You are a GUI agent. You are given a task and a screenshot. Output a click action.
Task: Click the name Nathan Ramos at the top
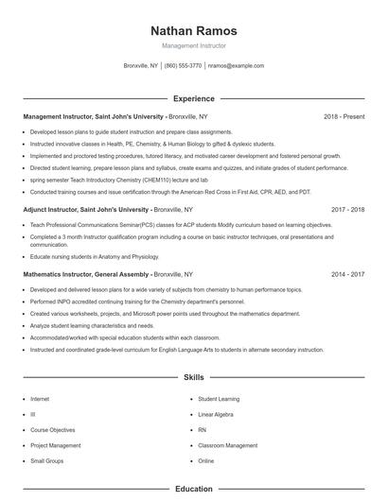click(x=193, y=31)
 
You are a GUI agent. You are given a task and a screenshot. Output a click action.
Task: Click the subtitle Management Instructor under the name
click(x=193, y=45)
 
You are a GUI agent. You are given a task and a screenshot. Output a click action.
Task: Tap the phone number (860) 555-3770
click(x=183, y=66)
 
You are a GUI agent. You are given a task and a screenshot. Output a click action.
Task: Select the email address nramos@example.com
click(x=236, y=66)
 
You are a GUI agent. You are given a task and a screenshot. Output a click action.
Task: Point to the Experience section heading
click(x=193, y=98)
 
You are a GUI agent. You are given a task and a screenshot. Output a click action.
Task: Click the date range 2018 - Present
click(x=344, y=116)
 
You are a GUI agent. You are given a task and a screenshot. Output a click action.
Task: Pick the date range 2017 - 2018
click(x=347, y=209)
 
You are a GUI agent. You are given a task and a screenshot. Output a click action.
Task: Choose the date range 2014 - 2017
click(x=347, y=273)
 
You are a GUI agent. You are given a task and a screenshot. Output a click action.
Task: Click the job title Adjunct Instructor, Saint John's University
click(x=86, y=209)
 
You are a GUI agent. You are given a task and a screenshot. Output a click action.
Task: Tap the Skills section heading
click(x=193, y=377)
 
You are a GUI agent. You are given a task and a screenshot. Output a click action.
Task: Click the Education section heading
click(x=193, y=489)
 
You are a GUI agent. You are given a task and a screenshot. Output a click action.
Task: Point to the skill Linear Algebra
click(x=216, y=414)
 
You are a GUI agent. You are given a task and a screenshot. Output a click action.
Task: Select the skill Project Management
click(x=56, y=445)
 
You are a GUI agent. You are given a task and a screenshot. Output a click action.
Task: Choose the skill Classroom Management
click(x=227, y=445)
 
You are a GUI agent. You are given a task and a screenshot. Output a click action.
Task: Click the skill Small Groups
click(x=46, y=460)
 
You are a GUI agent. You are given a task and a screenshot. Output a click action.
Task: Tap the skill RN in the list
click(x=202, y=429)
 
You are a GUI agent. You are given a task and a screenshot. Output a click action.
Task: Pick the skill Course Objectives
click(x=53, y=429)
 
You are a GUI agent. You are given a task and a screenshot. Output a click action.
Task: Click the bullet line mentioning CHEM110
click(x=118, y=179)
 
